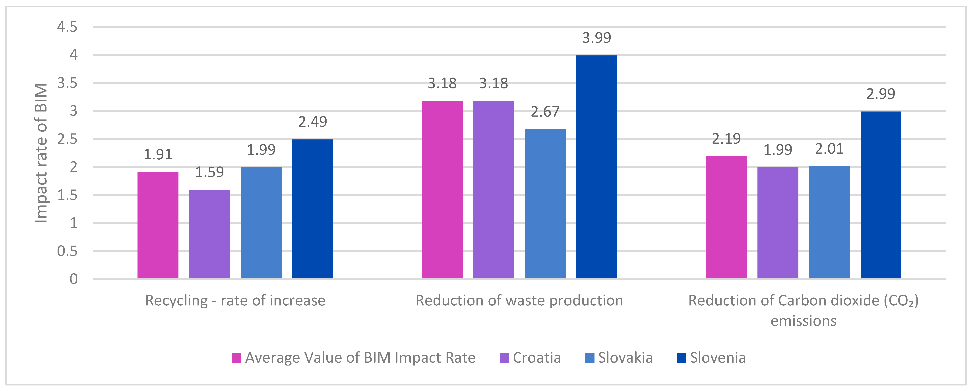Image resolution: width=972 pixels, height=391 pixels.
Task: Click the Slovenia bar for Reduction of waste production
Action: [x=596, y=167]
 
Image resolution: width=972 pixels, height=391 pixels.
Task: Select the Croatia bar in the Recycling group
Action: [x=209, y=234]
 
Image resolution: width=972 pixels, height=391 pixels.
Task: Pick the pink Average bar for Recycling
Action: [x=158, y=225]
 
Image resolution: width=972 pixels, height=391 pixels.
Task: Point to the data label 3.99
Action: [x=596, y=38]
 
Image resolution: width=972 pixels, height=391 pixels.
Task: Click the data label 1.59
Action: [x=209, y=172]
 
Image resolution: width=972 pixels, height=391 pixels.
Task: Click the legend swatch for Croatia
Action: [x=504, y=358]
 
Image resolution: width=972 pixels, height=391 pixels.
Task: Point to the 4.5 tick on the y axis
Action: [x=67, y=27]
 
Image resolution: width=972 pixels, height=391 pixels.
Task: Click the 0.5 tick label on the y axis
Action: [x=67, y=251]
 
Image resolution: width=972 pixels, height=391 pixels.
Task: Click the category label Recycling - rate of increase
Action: [x=235, y=301]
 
